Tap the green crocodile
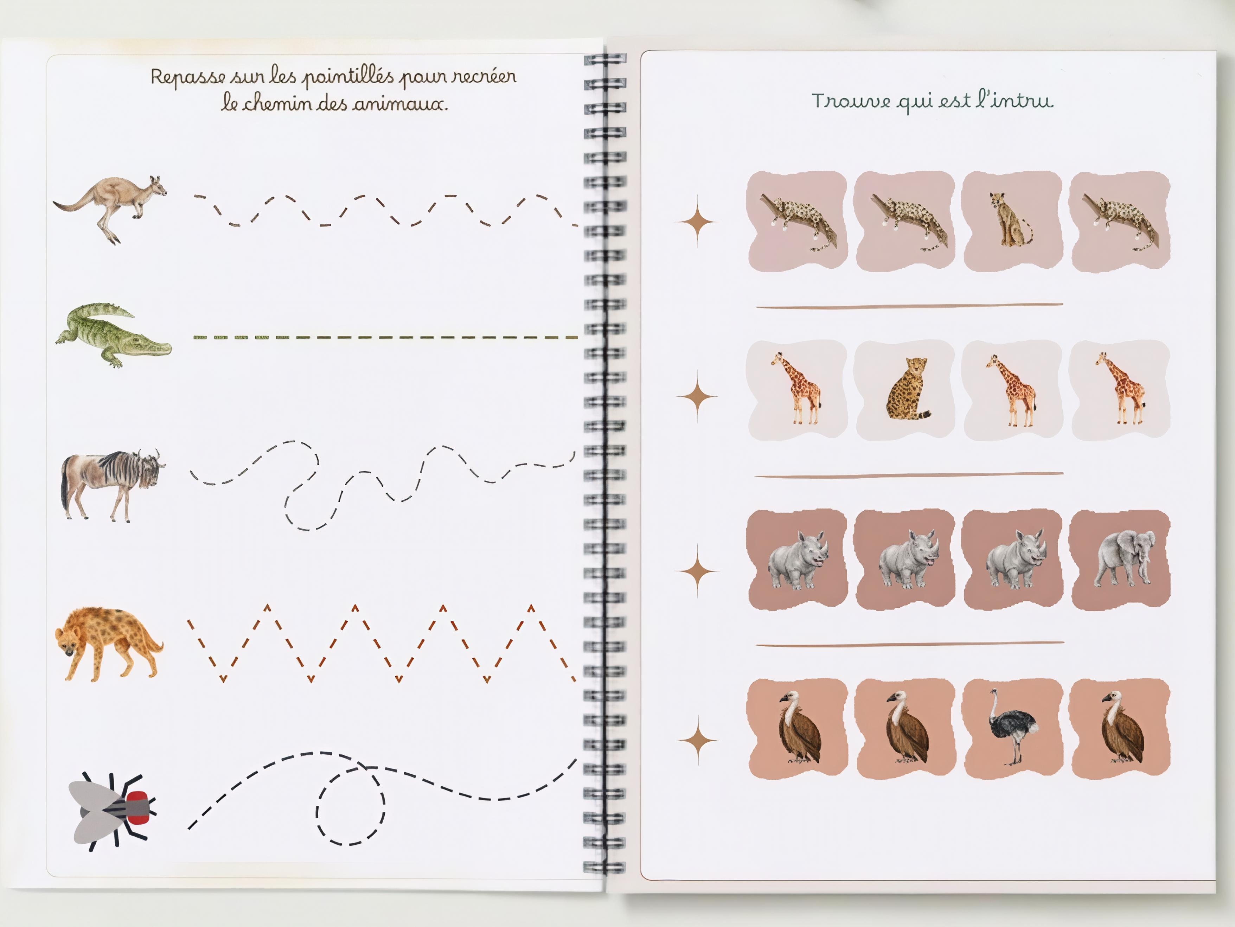(x=113, y=335)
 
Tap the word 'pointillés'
(x=348, y=77)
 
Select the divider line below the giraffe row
(x=909, y=475)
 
